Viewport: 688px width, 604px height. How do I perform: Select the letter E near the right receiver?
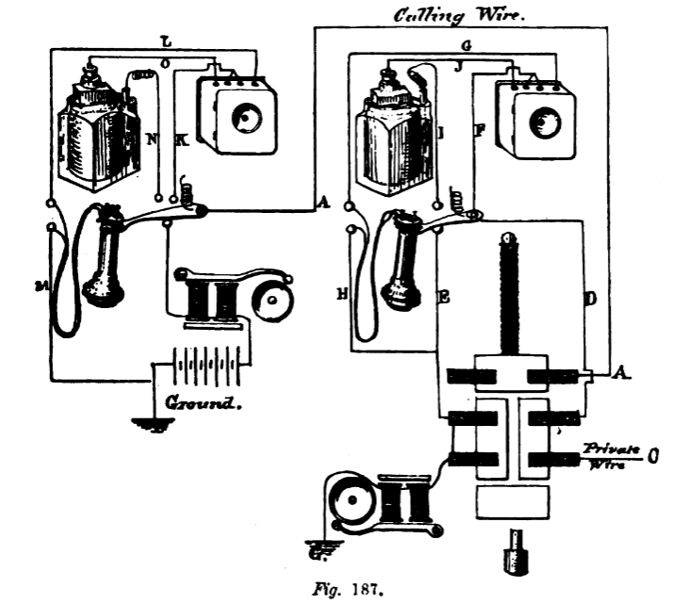point(442,295)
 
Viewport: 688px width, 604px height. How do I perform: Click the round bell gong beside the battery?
point(272,301)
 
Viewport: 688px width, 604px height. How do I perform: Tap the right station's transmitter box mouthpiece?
point(545,122)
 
